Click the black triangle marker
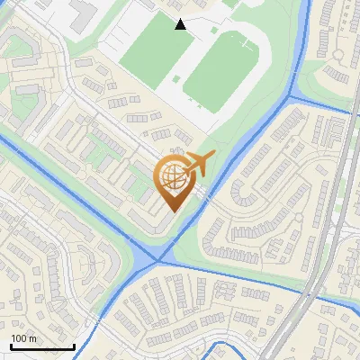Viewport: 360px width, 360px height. pos(181,24)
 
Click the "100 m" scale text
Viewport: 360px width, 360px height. pos(23,338)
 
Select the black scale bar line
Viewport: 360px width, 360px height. pos(42,346)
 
